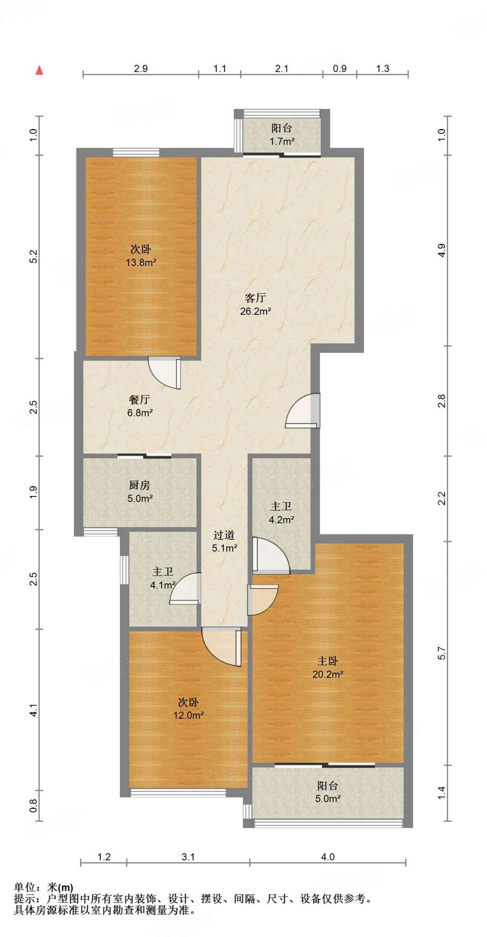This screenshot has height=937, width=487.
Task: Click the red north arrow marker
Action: click(x=40, y=70)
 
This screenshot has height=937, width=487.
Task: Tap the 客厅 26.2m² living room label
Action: click(x=256, y=305)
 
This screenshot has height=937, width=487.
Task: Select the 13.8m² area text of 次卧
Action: click(x=141, y=263)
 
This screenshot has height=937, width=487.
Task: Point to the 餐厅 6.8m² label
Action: click(x=140, y=406)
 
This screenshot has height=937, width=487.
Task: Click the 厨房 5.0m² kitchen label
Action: click(x=140, y=492)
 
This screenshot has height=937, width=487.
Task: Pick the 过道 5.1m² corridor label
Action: click(x=225, y=541)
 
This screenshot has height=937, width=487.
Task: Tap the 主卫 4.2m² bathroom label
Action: click(x=281, y=513)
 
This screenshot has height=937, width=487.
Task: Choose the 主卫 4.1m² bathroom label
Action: click(x=163, y=578)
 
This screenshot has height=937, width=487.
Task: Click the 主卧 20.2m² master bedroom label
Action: click(x=328, y=668)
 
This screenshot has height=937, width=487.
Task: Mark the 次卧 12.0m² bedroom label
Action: click(x=188, y=708)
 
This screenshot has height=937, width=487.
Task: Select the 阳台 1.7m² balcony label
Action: click(x=282, y=135)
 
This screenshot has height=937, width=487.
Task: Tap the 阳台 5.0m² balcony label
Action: click(x=328, y=792)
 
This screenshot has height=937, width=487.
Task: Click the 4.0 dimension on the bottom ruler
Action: click(x=328, y=857)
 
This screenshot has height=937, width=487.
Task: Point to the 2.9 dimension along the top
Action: click(x=141, y=69)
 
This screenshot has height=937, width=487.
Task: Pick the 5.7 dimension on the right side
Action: click(x=442, y=653)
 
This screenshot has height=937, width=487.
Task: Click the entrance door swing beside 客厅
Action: click(x=302, y=410)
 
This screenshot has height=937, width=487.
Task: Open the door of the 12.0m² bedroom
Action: click(x=222, y=647)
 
